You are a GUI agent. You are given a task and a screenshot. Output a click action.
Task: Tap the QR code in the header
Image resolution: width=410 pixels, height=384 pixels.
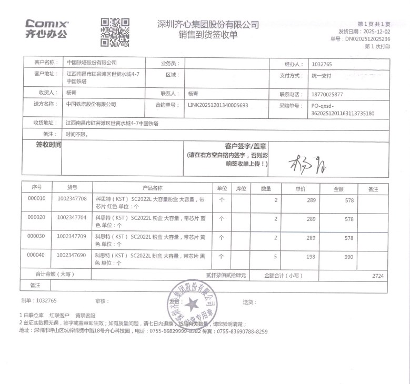[x=115, y=32]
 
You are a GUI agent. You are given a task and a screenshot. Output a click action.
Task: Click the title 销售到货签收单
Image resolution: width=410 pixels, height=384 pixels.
[x=208, y=35]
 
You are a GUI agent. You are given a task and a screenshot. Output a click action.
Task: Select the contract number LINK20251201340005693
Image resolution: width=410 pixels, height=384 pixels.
[x=217, y=105]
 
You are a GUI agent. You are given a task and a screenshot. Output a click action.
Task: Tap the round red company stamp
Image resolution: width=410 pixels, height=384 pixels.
[x=192, y=308]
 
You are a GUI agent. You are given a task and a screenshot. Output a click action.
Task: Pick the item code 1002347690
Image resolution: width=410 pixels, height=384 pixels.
[x=72, y=255]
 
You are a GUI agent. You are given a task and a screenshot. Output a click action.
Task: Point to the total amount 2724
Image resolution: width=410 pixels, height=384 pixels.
[x=377, y=276]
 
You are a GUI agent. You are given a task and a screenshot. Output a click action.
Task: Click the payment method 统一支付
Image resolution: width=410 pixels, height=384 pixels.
[x=321, y=76]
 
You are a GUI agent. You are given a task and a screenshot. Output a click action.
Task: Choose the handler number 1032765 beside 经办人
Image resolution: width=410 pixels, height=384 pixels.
[x=321, y=64]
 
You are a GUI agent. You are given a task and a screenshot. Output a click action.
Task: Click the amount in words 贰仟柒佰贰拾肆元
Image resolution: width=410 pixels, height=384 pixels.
[x=226, y=275]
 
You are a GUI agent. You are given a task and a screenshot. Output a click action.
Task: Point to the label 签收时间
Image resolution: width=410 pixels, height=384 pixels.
[x=48, y=145]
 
